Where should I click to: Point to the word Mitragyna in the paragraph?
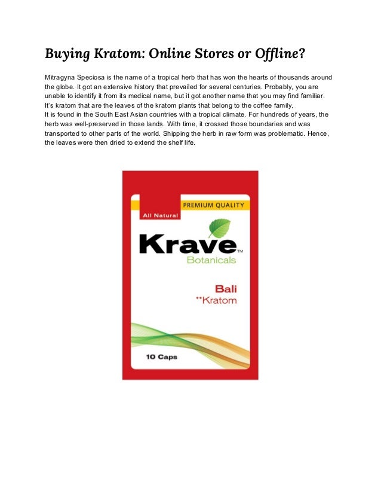coord(62,78)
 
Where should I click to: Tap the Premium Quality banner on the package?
coord(213,205)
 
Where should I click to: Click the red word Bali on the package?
coord(225,289)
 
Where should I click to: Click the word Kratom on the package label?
coord(220,300)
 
